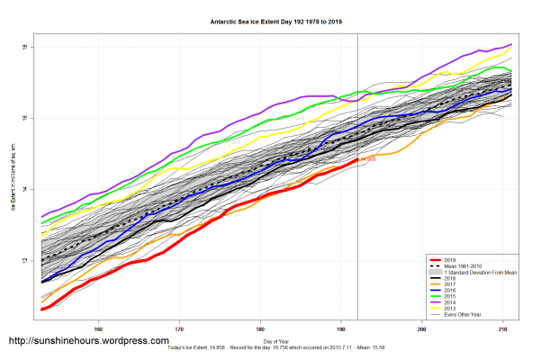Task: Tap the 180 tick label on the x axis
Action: (261, 328)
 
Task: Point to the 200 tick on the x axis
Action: (423, 328)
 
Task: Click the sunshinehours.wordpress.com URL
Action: (88, 342)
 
